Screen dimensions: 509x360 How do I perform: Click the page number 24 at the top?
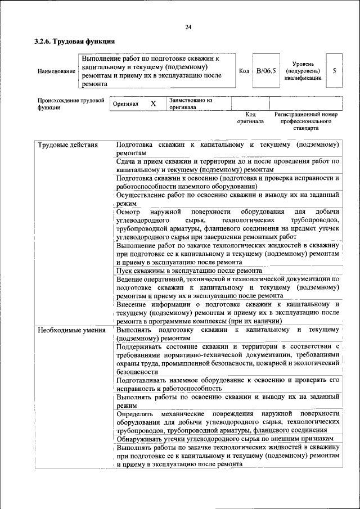188,28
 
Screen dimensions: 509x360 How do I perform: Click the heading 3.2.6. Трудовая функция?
74,41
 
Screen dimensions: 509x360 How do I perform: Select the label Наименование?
56,71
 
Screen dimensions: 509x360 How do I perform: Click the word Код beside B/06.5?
244,71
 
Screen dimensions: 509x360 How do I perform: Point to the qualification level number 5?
334,71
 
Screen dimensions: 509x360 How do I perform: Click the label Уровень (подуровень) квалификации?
303,71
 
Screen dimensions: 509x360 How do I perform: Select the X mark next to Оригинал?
153,104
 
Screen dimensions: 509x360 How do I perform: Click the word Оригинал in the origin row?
125,104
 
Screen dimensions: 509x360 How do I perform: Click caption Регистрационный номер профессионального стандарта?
306,121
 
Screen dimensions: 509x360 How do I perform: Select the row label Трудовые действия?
67,145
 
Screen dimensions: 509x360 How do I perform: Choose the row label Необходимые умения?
71,330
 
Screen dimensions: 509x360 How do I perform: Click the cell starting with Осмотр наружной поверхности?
228,224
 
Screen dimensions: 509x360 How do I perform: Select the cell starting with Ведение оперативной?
228,287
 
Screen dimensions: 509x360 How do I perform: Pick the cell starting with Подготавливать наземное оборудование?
228,384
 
